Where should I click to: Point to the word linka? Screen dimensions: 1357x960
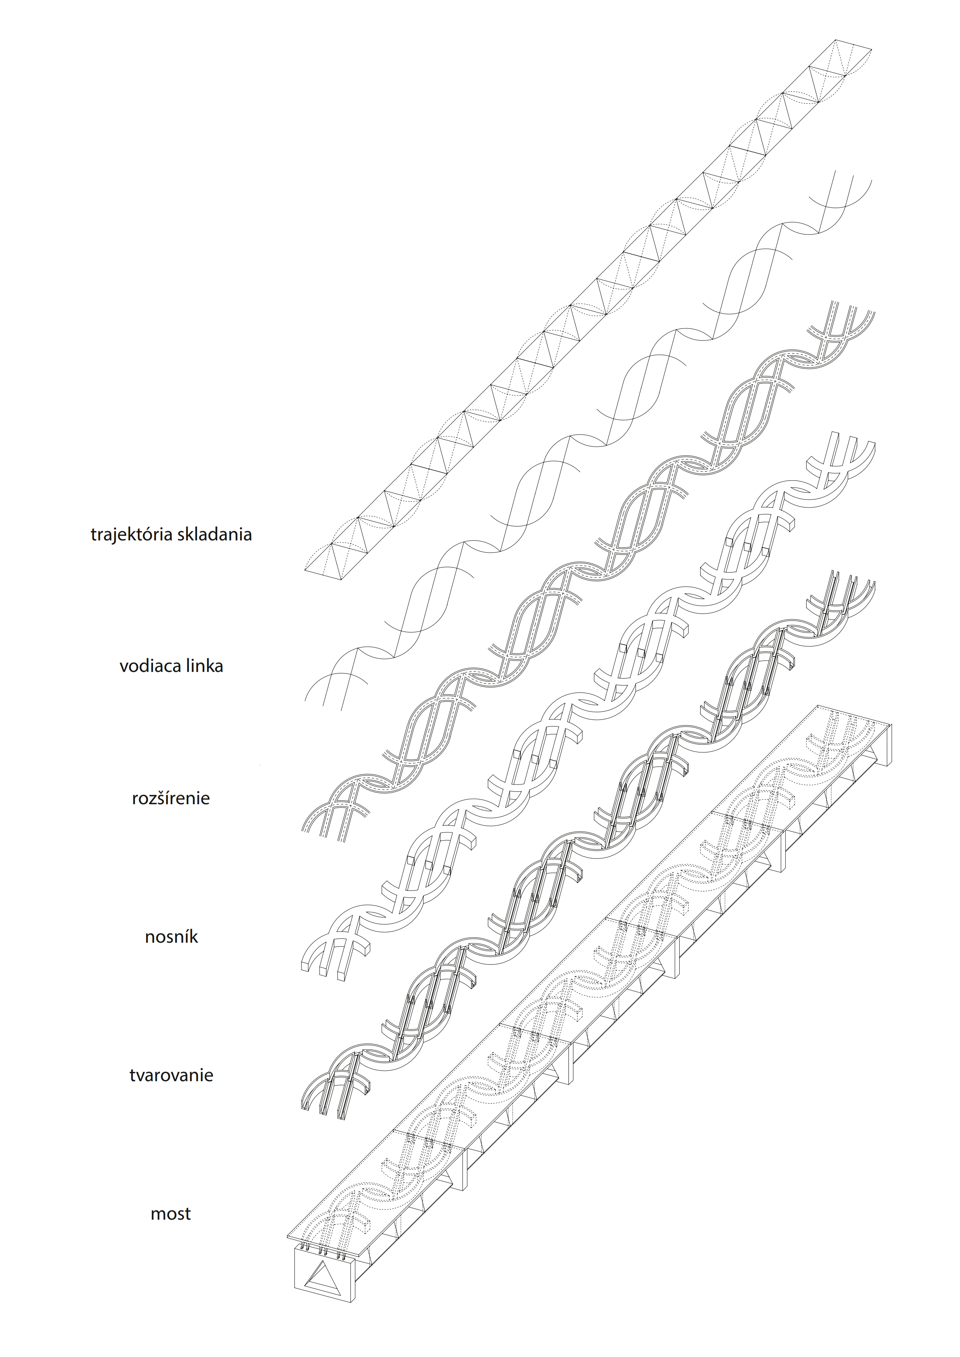(x=204, y=666)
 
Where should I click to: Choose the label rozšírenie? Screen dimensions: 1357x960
(x=171, y=798)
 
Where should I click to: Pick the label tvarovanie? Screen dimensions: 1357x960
(x=171, y=1075)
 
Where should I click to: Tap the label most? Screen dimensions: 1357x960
(x=171, y=1214)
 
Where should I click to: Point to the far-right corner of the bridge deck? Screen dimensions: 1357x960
(x=891, y=723)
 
